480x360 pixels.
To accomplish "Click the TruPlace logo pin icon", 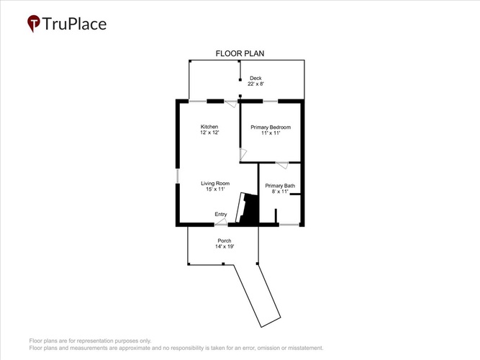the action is click(34, 23).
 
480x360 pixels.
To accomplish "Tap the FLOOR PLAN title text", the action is click(240, 53).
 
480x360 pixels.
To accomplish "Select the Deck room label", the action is click(255, 78).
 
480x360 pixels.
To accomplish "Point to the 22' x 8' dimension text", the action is click(255, 84).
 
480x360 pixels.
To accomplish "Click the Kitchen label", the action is click(209, 127).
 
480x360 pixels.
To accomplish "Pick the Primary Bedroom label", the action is click(271, 127).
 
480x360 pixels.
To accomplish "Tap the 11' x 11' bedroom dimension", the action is click(271, 133).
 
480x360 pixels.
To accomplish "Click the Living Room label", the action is click(215, 183).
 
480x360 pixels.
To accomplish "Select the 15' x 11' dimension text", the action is click(215, 189).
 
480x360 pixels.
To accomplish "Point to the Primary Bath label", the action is click(280, 186).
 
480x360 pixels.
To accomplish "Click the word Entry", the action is click(221, 214).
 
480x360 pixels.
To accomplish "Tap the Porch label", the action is click(225, 240).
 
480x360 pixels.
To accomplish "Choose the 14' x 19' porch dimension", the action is click(225, 246).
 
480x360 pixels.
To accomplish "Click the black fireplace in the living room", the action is click(248, 209).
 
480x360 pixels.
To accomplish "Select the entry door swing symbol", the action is click(221, 222).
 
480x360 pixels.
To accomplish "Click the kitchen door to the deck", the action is click(231, 104).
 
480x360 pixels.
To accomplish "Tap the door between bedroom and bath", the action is click(282, 165).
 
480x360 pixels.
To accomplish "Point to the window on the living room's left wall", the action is click(178, 176).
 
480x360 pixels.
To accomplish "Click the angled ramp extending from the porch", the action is click(257, 296).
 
